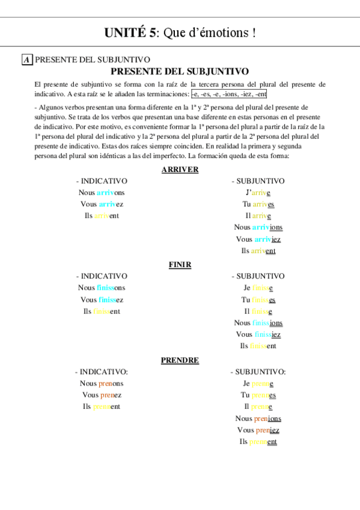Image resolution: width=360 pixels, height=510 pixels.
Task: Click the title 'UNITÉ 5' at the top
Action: coord(130,33)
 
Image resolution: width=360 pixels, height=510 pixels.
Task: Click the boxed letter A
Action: coord(27,60)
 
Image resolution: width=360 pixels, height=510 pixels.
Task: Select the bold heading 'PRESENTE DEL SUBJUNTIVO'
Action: coord(180,71)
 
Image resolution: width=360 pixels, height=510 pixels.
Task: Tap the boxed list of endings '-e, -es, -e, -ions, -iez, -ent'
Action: coord(229,94)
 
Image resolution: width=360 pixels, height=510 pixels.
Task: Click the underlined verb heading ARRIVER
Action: coord(180,170)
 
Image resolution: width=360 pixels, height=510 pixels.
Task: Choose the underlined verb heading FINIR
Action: coord(180,265)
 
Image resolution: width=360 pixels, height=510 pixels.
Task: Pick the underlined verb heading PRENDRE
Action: coord(180,360)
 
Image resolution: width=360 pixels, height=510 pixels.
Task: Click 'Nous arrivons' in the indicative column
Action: coord(102,192)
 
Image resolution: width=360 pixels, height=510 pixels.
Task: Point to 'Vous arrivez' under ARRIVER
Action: coord(102,204)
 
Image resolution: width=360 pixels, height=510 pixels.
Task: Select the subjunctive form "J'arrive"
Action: coord(258,192)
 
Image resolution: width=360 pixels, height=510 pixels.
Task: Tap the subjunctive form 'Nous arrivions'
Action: coord(258,227)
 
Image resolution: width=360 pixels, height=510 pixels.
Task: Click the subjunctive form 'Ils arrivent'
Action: coord(258,251)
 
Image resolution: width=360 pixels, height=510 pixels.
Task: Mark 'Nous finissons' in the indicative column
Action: coord(102,287)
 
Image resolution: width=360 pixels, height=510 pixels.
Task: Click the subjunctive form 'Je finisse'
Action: coord(258,287)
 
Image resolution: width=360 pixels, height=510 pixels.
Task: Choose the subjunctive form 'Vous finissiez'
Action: coord(258,334)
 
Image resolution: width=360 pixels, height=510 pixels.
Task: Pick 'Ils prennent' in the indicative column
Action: coord(102,407)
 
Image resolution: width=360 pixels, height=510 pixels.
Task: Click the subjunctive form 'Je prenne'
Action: coord(258,383)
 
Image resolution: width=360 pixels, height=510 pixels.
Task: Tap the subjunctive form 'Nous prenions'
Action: coord(258,419)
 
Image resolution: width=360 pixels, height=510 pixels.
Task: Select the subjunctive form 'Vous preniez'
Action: coord(258,430)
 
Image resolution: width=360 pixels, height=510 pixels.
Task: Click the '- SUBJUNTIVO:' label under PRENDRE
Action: coord(258,372)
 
